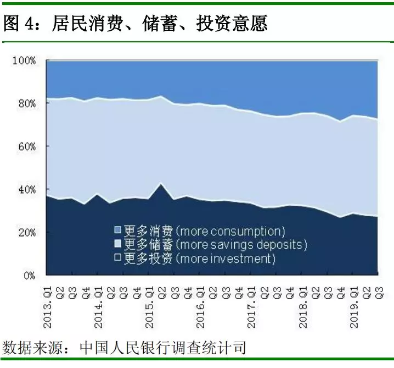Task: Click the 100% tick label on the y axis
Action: (x=25, y=61)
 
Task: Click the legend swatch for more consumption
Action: (x=117, y=229)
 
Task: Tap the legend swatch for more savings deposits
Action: (x=117, y=244)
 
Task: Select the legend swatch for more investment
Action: (x=117, y=258)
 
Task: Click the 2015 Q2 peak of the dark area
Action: (x=160, y=184)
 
